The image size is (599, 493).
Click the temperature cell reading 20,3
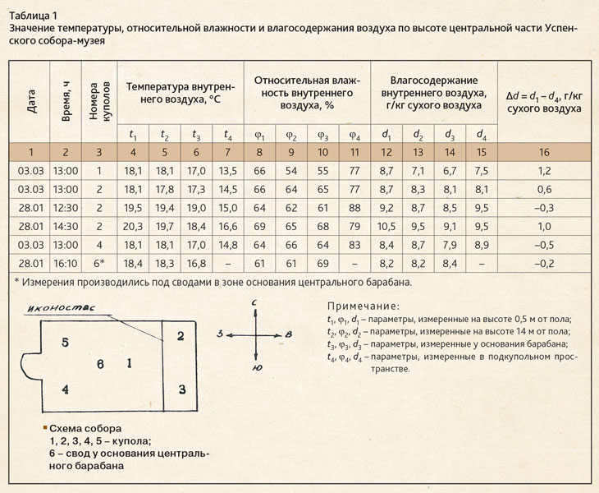click(x=133, y=224)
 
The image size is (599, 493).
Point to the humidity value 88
click(x=354, y=207)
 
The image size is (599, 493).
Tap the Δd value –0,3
click(x=544, y=207)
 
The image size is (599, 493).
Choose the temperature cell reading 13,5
click(x=227, y=171)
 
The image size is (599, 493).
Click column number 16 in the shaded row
click(x=544, y=152)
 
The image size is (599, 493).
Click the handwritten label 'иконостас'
click(x=82, y=309)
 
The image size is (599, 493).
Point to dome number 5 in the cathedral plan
click(x=65, y=341)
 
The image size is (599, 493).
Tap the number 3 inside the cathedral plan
click(x=182, y=389)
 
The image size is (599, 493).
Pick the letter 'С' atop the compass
click(x=256, y=303)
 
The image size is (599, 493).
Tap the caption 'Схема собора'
click(x=85, y=429)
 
